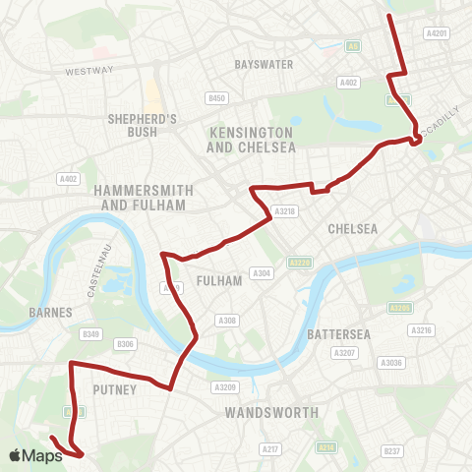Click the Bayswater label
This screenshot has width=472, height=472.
259,65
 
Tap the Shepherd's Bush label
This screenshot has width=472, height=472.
142,126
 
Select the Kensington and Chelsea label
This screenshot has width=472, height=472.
251,139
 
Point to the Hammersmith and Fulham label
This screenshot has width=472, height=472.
137,197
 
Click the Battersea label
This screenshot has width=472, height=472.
336,334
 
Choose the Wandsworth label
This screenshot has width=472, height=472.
271,413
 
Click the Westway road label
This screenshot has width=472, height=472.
90,71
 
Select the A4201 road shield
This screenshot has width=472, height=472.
437,32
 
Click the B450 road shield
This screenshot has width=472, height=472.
217,97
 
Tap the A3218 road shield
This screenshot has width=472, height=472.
285,210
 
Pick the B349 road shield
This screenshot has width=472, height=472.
91,335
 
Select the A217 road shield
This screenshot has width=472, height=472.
271,448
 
